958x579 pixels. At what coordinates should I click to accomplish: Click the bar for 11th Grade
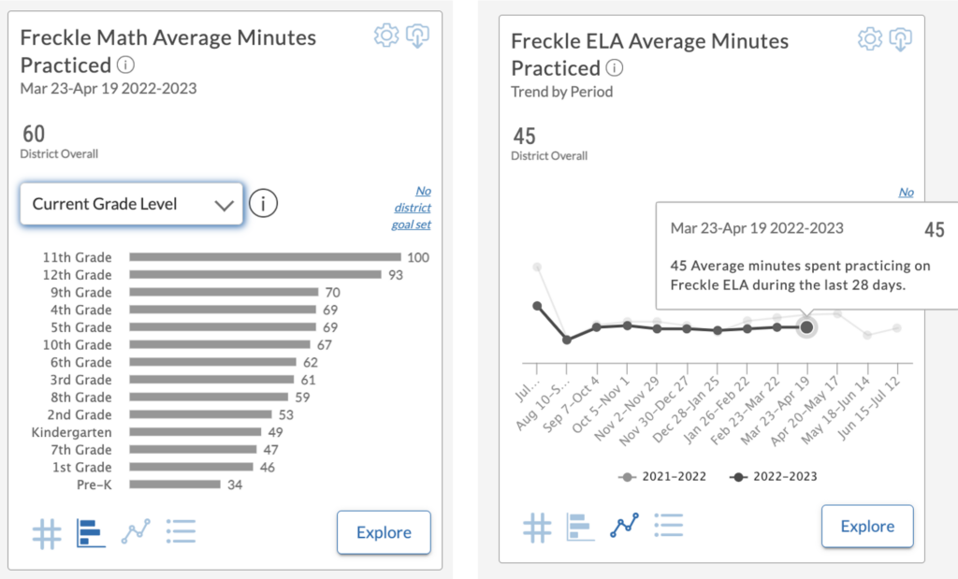click(x=265, y=257)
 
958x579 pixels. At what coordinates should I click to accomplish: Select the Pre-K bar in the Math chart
click(x=175, y=485)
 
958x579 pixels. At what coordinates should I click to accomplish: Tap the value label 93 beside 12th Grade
click(x=397, y=275)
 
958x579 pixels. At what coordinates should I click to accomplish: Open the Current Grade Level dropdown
click(x=132, y=204)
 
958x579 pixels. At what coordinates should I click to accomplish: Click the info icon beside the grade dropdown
click(x=264, y=203)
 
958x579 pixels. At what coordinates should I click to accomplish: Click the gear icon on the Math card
click(x=385, y=36)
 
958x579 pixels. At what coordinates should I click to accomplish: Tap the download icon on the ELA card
click(x=900, y=38)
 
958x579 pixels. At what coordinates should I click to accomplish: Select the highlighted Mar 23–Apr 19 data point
click(x=806, y=326)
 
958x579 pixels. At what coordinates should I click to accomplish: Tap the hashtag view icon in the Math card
click(x=47, y=533)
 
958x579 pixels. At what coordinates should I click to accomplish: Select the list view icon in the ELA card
click(x=668, y=527)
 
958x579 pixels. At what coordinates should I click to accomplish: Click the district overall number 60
click(x=33, y=134)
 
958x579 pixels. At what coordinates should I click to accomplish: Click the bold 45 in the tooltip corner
click(x=934, y=230)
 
